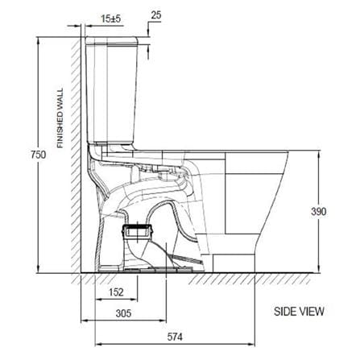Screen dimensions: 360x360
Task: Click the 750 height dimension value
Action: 38,155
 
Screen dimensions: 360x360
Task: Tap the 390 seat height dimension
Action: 319,212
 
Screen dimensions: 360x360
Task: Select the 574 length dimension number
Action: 175,337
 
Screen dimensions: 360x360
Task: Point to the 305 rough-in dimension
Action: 123,313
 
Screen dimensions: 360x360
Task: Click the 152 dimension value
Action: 116,292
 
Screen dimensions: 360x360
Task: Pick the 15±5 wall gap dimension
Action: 111,19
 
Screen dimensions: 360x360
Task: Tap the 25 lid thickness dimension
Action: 156,15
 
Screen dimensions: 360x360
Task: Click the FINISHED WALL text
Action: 60,118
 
